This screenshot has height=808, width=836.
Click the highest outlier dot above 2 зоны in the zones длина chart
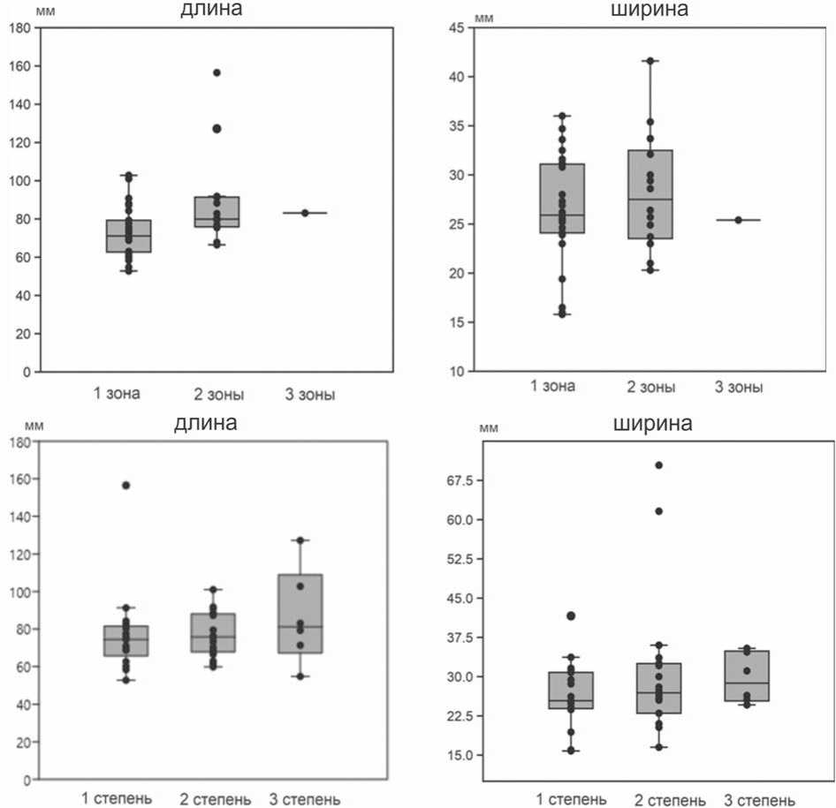tap(217, 72)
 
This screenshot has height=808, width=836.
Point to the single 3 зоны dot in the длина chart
tap(306, 213)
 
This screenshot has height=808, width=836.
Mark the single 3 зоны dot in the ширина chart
tap(739, 220)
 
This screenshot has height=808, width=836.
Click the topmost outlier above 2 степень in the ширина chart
tap(658, 465)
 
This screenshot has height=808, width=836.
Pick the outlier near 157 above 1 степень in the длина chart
tap(125, 485)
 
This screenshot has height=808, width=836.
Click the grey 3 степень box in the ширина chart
tap(746, 676)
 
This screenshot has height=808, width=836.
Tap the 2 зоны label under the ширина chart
tap(650, 387)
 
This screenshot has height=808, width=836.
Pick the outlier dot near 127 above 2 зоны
tap(217, 129)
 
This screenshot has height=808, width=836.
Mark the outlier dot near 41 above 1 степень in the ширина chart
tap(571, 615)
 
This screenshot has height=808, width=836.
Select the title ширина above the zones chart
tap(650, 10)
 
